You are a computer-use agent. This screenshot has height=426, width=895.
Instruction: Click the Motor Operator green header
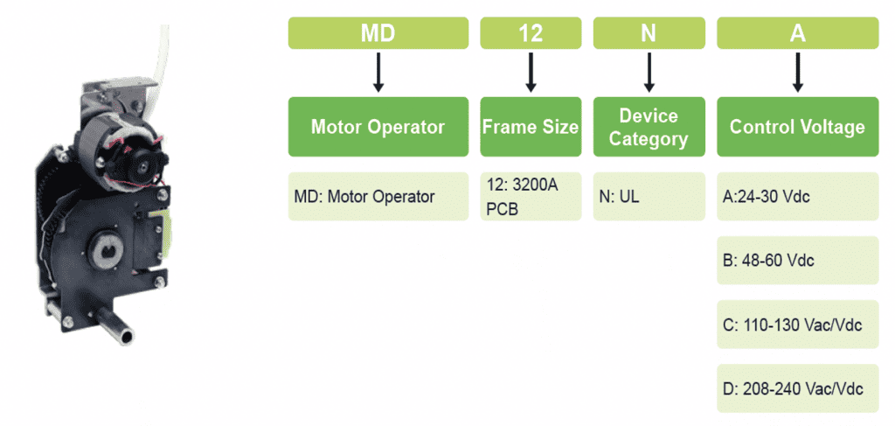coord(378,127)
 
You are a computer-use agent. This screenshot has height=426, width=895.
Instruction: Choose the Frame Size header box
coord(531,127)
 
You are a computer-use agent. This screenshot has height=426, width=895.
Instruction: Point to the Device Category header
coord(649,127)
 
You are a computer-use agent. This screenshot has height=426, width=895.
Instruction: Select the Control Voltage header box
coord(797,127)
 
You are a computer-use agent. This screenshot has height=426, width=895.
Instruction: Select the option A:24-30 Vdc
coord(797,196)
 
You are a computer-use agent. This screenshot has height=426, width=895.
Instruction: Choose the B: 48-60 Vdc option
coord(797,260)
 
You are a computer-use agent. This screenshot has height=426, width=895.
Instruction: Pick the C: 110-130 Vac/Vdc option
coord(797,325)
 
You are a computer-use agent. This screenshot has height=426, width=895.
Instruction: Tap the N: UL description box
coord(649,196)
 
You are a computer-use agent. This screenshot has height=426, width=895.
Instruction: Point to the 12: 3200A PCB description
coord(531,196)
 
